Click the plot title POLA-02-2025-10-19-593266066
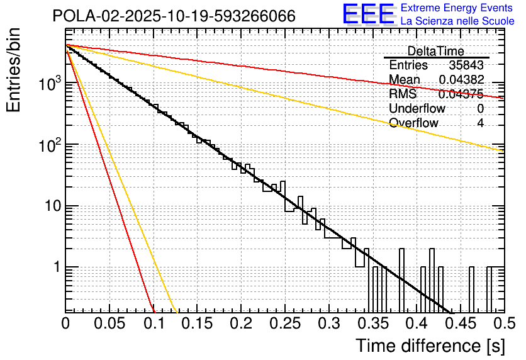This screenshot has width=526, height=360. tap(174, 16)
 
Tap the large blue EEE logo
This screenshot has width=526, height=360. tap(368, 15)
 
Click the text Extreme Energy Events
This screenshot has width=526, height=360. tap(457, 8)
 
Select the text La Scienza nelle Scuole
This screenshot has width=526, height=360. tap(457, 21)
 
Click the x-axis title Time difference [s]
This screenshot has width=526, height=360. tap(430, 346)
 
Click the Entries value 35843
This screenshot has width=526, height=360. tap(466, 65)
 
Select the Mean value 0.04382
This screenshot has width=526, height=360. tap(461, 80)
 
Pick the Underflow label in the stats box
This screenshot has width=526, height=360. tap(417, 108)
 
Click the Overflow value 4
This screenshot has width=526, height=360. tap(480, 123)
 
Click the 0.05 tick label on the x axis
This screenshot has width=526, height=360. tap(109, 323)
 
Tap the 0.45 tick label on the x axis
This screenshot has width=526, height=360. tap(459, 323)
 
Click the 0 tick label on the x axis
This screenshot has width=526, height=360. tap(65, 323)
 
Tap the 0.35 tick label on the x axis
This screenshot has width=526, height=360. tap(372, 323)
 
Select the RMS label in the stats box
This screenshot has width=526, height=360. tap(403, 94)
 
